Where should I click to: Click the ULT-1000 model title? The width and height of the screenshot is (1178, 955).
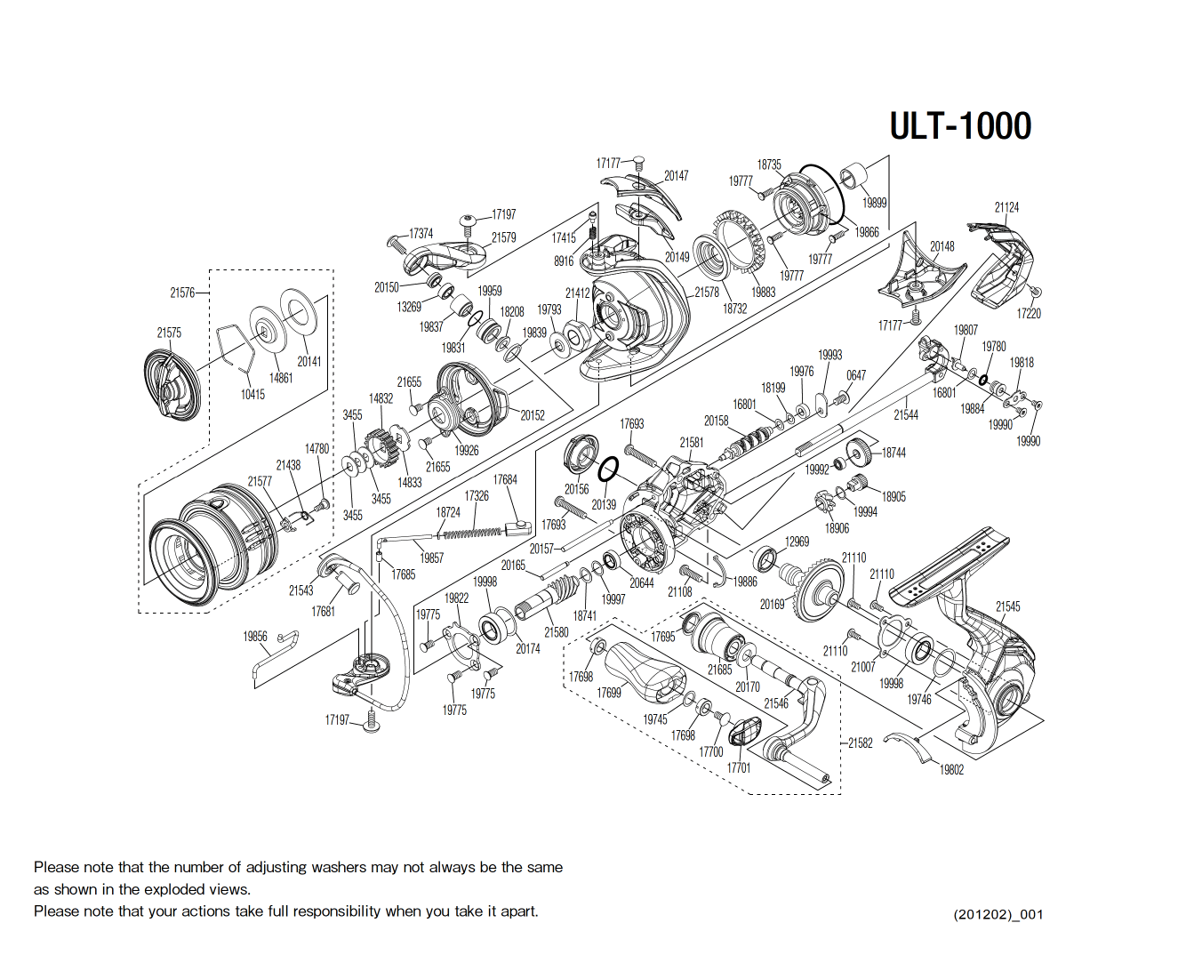(x=960, y=126)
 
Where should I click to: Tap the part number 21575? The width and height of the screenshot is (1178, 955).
(x=169, y=333)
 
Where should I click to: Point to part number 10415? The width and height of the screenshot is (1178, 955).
(x=252, y=394)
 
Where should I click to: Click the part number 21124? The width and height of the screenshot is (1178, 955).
(x=1006, y=207)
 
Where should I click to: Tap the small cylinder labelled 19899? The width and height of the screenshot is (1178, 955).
(x=855, y=176)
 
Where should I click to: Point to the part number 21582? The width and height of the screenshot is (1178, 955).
(x=860, y=742)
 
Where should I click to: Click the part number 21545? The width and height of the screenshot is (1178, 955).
(x=1007, y=606)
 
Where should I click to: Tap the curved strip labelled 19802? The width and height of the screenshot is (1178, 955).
(x=917, y=745)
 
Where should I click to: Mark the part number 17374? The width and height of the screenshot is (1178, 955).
(x=421, y=234)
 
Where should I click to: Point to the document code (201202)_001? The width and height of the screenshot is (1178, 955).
(x=998, y=914)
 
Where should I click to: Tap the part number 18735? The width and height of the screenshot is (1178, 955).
(x=769, y=165)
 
